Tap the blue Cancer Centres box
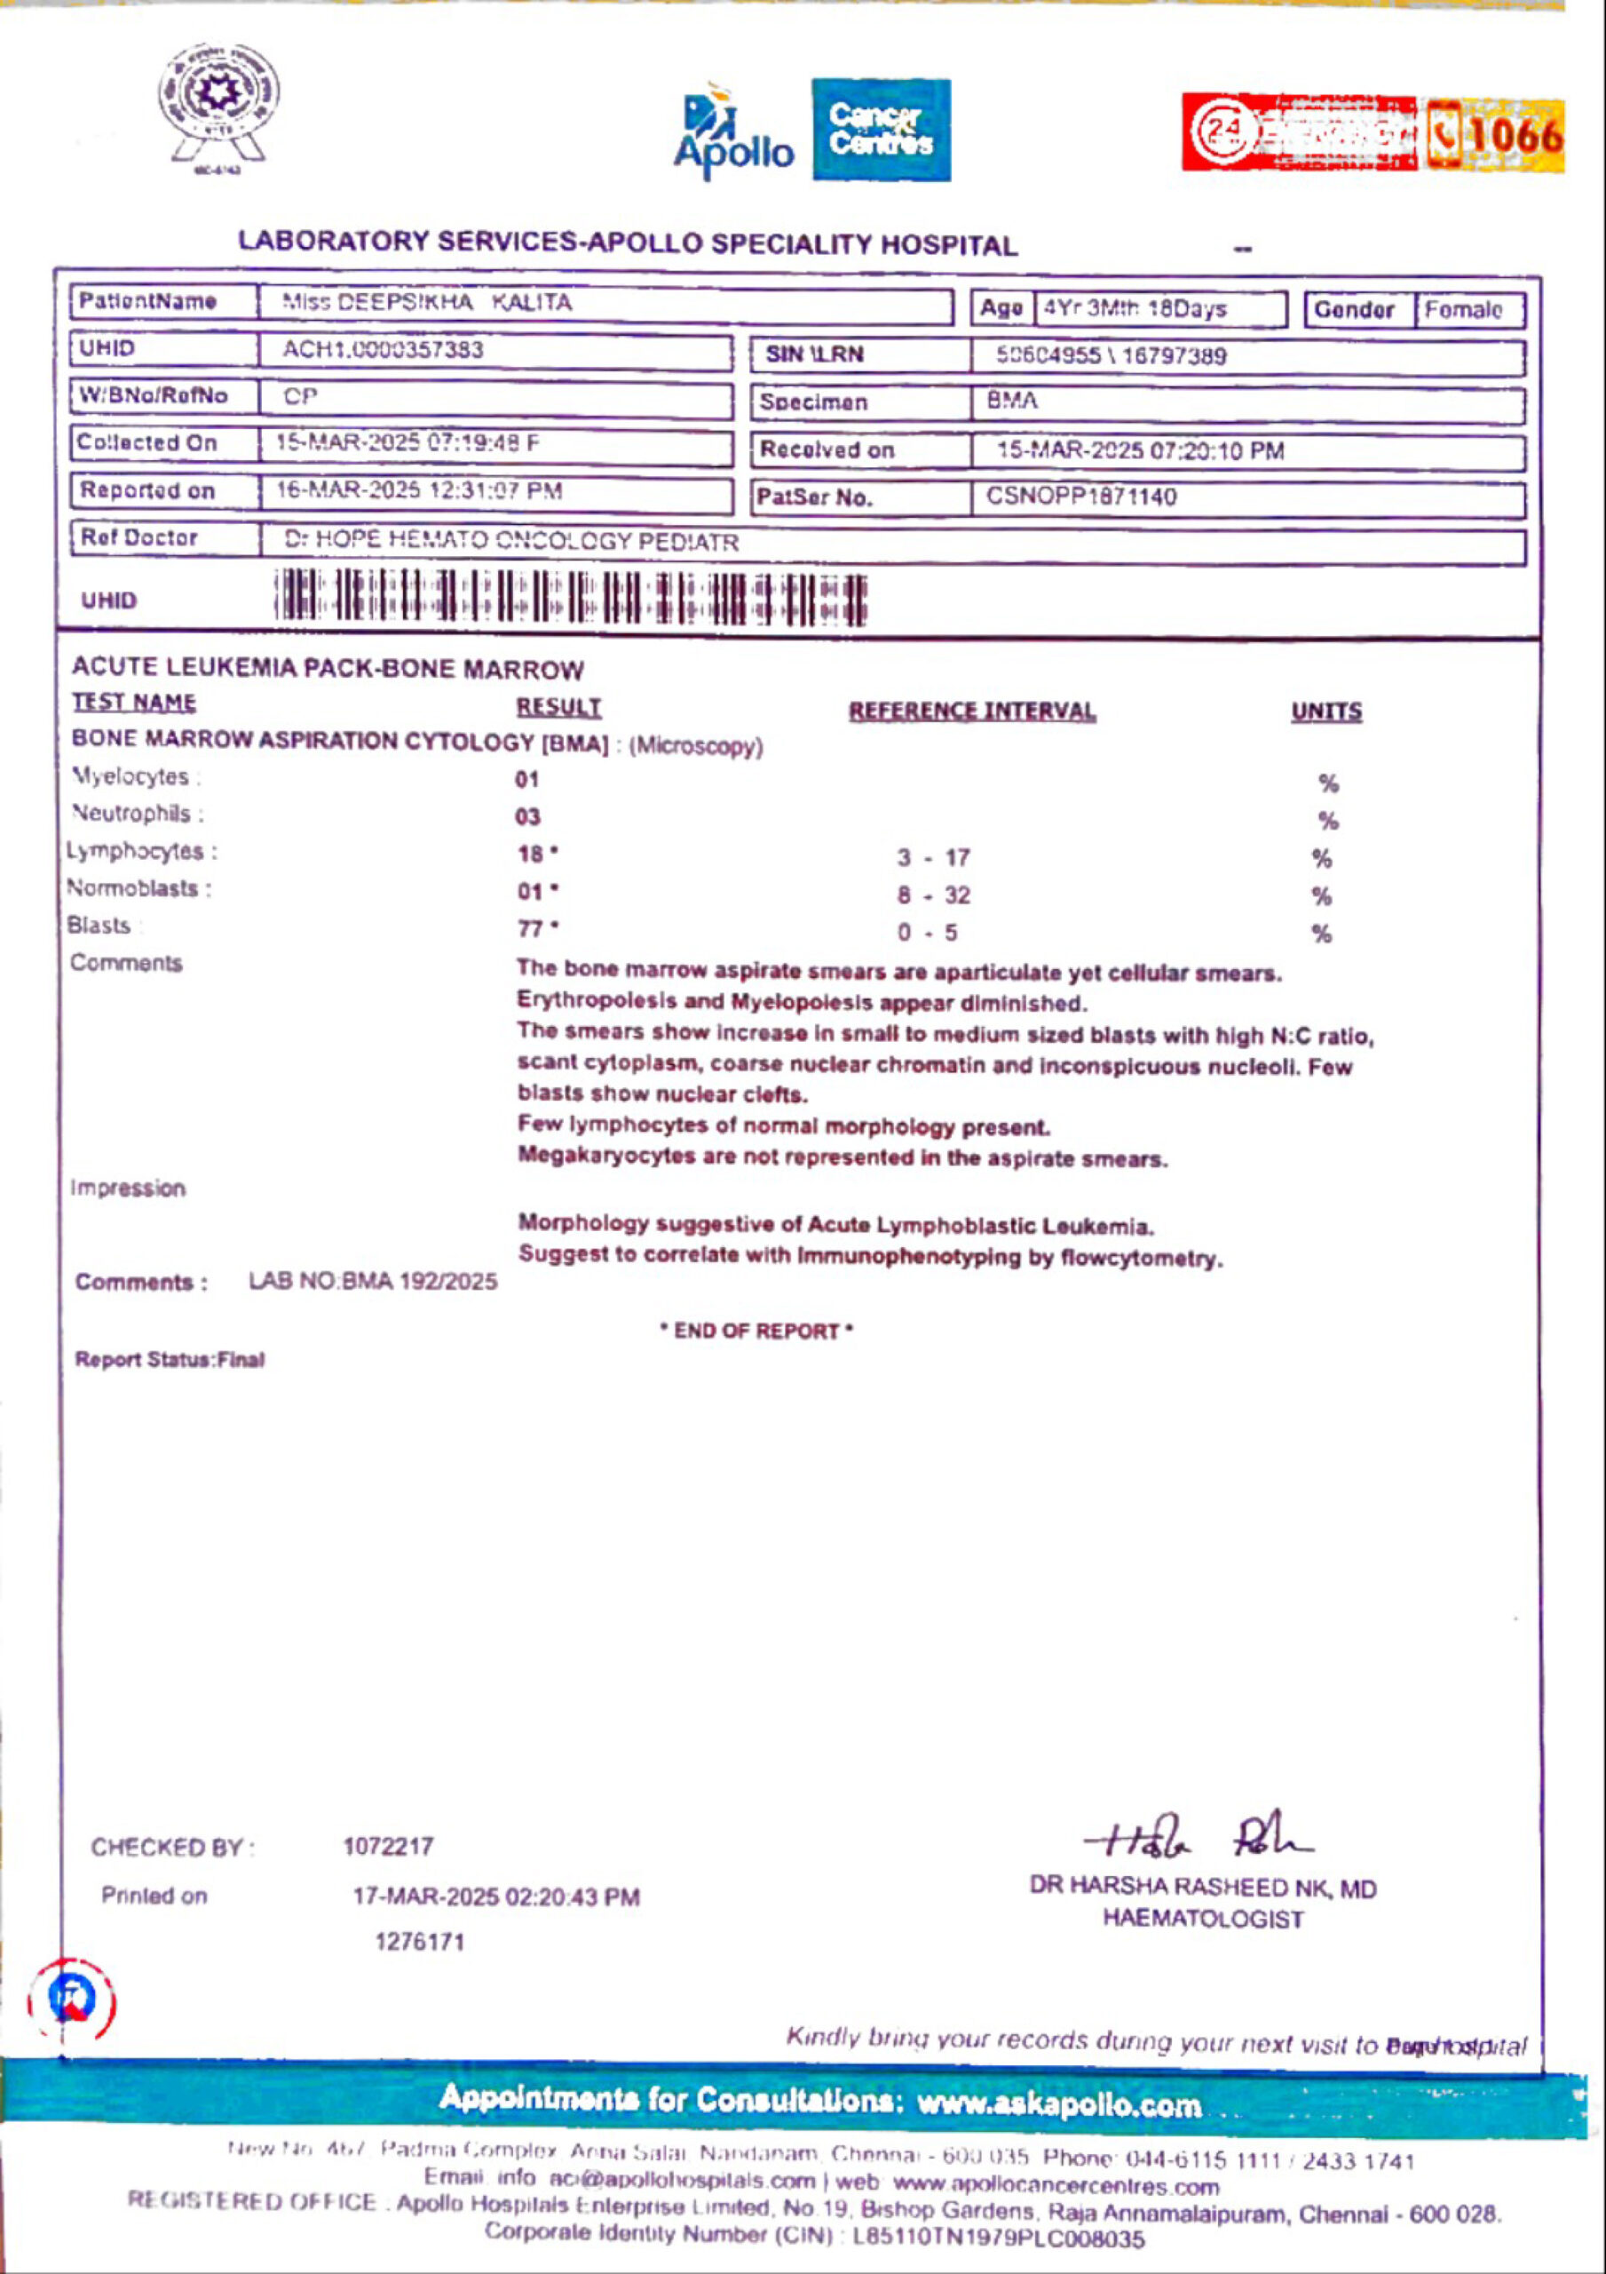point(880,130)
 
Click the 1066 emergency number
point(1513,136)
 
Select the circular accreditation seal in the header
point(217,104)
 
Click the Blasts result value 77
point(532,929)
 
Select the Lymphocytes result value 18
point(532,854)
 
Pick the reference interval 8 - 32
point(933,895)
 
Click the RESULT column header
point(558,707)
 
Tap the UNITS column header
point(1325,712)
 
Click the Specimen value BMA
point(1012,402)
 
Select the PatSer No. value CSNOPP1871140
point(1081,497)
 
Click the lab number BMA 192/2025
point(373,1282)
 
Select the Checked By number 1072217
point(388,1846)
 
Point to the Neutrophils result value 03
point(527,816)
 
